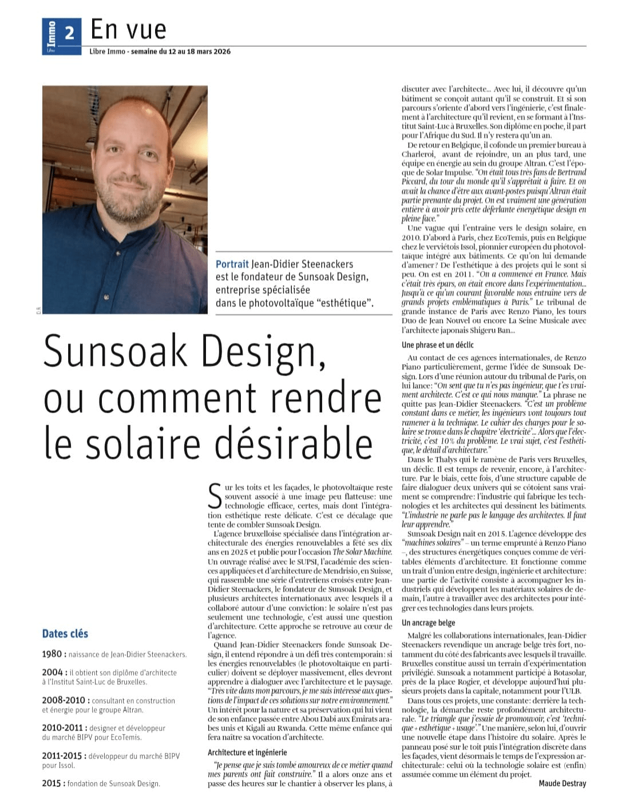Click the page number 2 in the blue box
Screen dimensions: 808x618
pos(69,31)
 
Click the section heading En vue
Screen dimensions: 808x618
pos(128,29)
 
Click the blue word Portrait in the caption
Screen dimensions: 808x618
pos(232,264)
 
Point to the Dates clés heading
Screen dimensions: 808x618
pos(65,633)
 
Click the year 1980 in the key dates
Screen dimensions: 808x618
pos(53,654)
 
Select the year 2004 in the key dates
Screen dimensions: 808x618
pos(53,672)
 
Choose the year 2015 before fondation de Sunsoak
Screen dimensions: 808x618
pos(53,783)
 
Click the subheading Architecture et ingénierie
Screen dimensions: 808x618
pos(247,752)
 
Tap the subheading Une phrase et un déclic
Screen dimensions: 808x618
pos(438,345)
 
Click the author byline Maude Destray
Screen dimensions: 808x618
pos(562,783)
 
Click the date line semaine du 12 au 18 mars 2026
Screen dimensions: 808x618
pos(181,52)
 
